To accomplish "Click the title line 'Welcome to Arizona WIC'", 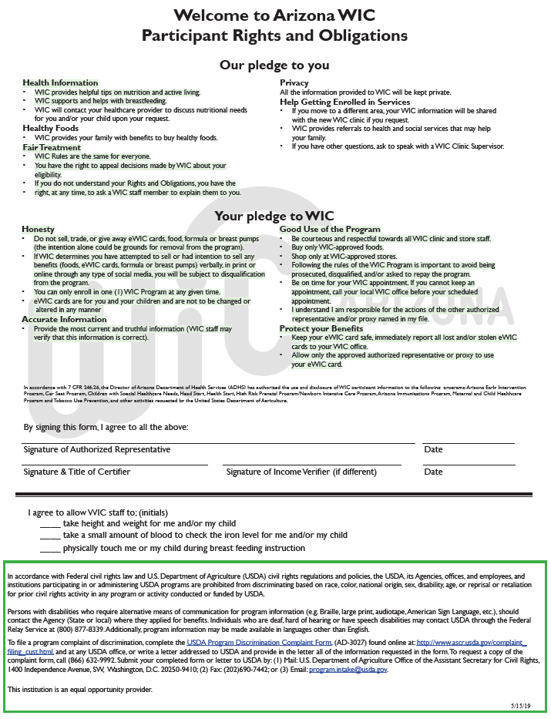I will [x=274, y=15].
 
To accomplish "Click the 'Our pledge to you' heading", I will [x=274, y=66].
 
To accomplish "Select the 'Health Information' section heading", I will [x=60, y=82].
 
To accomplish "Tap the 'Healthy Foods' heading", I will [x=50, y=128].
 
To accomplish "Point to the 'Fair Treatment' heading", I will [x=51, y=147].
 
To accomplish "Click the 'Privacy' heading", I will [x=294, y=82].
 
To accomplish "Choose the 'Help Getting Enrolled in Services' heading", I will [x=344, y=102].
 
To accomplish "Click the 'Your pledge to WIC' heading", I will [x=274, y=217].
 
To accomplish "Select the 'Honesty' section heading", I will [x=38, y=230].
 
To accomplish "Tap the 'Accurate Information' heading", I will [x=64, y=319].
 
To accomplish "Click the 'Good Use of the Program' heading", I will [x=330, y=230].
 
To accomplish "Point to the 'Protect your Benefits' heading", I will [x=322, y=329].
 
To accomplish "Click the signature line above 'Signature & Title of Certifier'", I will [x=115, y=465].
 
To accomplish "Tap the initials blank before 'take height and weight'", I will [x=50, y=526].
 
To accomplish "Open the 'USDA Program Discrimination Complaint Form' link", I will [x=258, y=642].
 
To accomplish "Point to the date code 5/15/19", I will [x=523, y=704].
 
